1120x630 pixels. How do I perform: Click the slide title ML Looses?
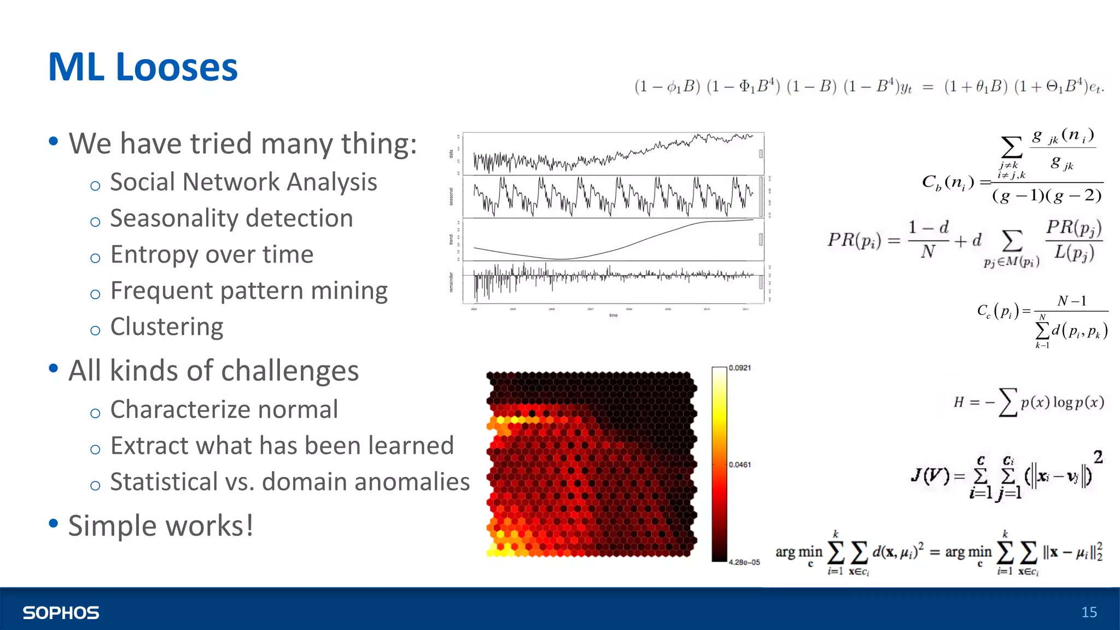click(x=143, y=67)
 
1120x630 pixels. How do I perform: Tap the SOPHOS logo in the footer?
click(x=61, y=612)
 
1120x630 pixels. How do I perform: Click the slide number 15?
click(x=1089, y=612)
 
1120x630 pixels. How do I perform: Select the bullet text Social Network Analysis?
click(x=243, y=182)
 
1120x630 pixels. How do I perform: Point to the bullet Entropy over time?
click(x=212, y=254)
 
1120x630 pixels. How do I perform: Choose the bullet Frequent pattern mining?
click(x=249, y=290)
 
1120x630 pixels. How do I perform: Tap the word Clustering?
click(x=167, y=327)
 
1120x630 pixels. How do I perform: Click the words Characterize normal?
click(x=224, y=410)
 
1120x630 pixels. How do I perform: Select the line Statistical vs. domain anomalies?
click(x=290, y=482)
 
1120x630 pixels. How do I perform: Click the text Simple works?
click(x=161, y=526)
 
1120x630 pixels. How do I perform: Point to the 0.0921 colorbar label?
click(x=740, y=368)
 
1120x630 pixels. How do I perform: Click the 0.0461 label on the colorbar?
click(x=740, y=465)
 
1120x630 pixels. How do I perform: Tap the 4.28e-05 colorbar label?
click(x=744, y=562)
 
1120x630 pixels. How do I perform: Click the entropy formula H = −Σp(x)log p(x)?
click(x=1028, y=402)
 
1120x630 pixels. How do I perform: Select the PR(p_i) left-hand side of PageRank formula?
click(x=854, y=240)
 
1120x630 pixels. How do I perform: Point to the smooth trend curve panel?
click(x=612, y=240)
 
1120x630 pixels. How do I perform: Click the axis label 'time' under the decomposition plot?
click(x=613, y=316)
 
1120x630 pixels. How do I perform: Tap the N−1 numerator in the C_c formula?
click(x=1071, y=301)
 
